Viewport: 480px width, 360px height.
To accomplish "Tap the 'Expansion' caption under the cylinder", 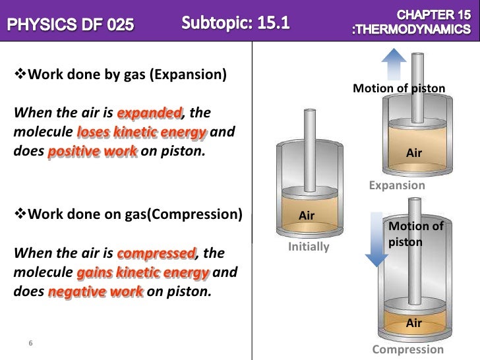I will tap(397, 185).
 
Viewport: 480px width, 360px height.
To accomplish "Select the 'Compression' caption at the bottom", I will tap(408, 349).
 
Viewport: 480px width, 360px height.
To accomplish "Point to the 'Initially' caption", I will tap(309, 247).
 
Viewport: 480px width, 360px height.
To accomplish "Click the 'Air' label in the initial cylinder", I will tap(307, 216).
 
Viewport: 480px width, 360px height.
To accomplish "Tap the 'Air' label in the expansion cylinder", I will tap(414, 153).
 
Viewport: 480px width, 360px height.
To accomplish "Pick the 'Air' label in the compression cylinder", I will tap(413, 322).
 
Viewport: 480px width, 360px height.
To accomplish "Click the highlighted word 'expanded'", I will tap(156, 113).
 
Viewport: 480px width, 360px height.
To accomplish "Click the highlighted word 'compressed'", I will tap(156, 254).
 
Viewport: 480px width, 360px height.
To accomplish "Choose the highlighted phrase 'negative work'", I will tap(96, 291).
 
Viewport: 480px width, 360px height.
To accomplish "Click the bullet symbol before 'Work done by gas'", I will tap(18, 73).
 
